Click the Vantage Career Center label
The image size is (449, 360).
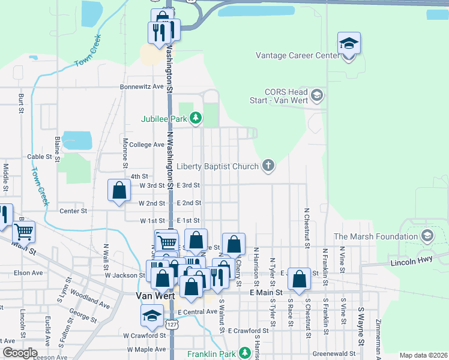click(298, 55)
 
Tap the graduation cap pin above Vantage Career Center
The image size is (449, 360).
click(349, 44)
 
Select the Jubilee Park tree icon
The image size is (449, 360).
click(195, 118)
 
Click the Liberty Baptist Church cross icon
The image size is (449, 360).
click(268, 165)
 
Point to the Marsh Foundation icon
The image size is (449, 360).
click(427, 236)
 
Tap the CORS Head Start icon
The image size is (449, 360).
click(318, 95)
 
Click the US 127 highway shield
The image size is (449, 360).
click(172, 325)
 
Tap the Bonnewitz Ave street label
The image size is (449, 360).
click(142, 86)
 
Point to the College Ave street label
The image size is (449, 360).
click(146, 145)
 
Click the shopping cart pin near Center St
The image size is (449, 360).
click(23, 231)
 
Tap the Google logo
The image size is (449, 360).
click(20, 353)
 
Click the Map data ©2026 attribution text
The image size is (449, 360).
click(423, 355)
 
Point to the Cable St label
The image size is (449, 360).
click(40, 157)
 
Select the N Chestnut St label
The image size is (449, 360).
click(307, 228)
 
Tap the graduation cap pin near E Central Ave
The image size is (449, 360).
click(152, 316)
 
